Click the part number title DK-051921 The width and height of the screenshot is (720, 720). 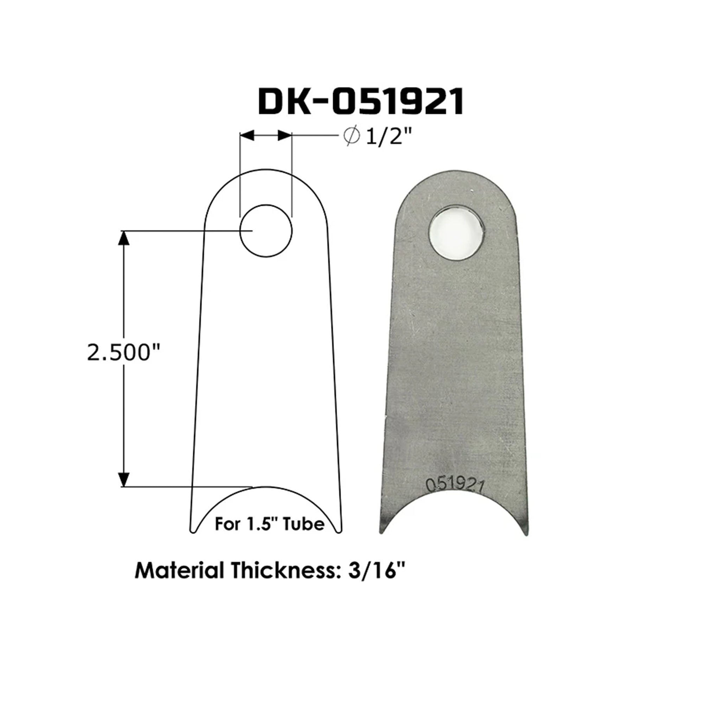coord(361,101)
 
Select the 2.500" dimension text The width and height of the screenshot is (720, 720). coord(123,353)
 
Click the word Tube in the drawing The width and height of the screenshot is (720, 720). coord(303,524)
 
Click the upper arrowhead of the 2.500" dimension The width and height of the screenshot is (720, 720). coord(123,238)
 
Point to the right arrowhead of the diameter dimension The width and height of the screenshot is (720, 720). coord(285,136)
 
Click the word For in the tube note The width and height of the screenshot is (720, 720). coord(227,524)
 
